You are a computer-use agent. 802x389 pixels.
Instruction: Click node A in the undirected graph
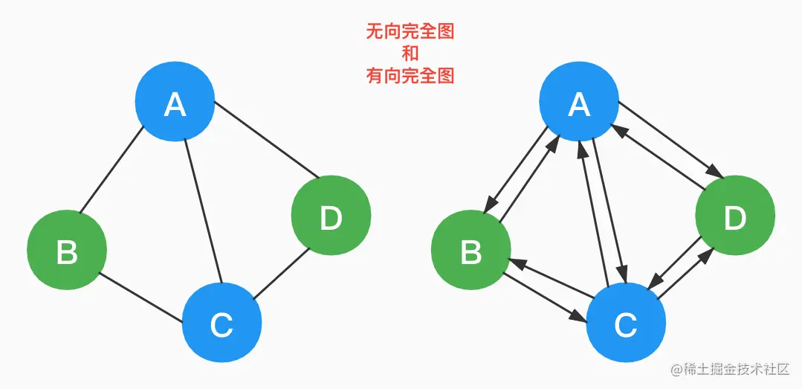(x=175, y=104)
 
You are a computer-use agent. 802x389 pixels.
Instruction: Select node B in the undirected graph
(x=67, y=251)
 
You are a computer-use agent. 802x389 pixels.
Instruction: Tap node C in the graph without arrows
(x=221, y=324)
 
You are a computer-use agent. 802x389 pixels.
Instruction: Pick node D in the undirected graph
(x=331, y=216)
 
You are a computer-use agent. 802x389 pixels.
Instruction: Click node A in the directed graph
(x=579, y=104)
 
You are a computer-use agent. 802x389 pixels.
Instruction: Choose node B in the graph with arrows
(x=471, y=251)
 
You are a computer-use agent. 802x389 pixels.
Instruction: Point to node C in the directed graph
(x=626, y=324)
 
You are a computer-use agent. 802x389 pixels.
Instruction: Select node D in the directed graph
(x=735, y=216)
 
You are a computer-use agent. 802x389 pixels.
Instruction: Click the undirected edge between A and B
(x=111, y=171)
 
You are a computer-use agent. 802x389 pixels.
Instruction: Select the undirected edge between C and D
(x=281, y=274)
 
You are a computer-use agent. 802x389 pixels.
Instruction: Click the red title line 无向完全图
(x=410, y=31)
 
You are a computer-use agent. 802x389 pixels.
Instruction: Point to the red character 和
(x=410, y=54)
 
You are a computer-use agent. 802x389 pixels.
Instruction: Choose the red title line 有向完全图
(x=410, y=75)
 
